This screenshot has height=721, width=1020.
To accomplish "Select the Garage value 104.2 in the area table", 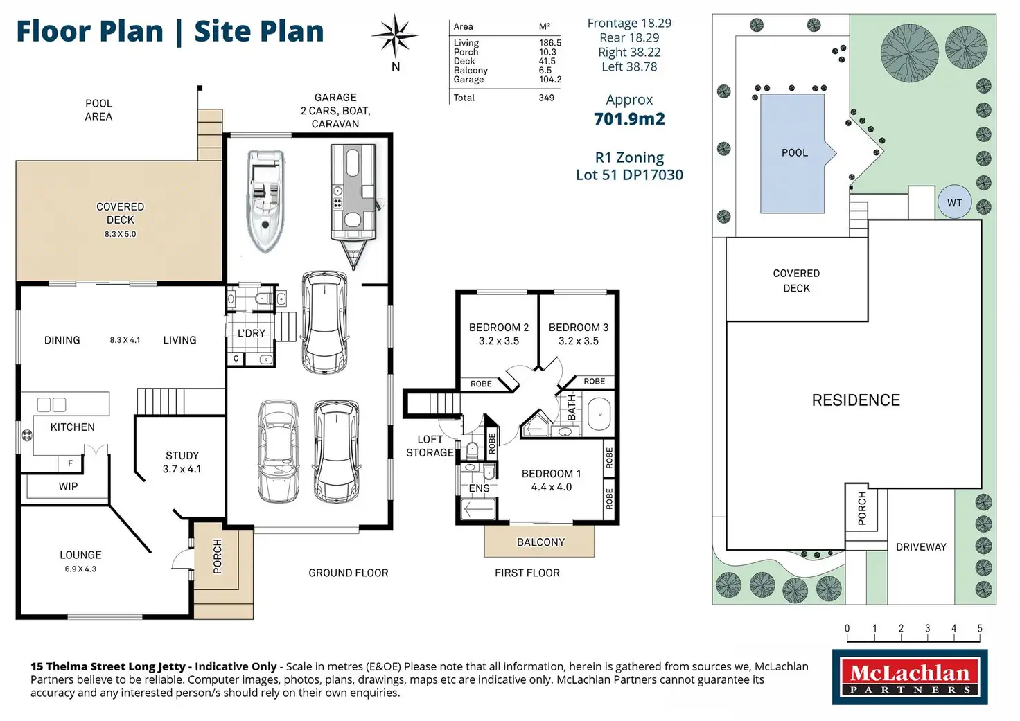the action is click(x=550, y=80).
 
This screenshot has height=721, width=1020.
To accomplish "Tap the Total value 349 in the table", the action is click(x=547, y=98).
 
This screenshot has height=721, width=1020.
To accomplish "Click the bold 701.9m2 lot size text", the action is click(x=629, y=119).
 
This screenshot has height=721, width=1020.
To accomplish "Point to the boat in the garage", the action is click(x=265, y=201).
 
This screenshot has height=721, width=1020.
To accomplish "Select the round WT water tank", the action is click(x=954, y=202).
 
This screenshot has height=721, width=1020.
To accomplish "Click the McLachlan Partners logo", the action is click(x=910, y=677).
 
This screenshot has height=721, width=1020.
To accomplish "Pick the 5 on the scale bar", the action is click(x=980, y=629).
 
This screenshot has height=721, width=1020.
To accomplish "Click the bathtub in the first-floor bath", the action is click(x=599, y=414).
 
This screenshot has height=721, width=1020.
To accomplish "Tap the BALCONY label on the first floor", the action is click(x=540, y=542).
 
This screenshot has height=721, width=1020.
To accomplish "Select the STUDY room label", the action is click(x=182, y=456).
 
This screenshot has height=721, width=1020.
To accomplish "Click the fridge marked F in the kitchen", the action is click(x=70, y=463).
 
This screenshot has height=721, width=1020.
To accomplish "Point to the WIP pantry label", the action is click(x=69, y=487).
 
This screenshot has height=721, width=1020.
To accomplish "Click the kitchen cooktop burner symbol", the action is click(x=27, y=435).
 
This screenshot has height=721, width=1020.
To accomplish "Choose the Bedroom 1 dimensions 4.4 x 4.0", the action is click(x=552, y=487).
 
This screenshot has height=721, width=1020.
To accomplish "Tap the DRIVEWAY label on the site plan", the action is click(x=921, y=547).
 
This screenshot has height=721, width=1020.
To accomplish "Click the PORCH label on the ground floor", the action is click(x=218, y=556).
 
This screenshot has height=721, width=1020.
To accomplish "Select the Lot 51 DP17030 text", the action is click(x=629, y=175).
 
